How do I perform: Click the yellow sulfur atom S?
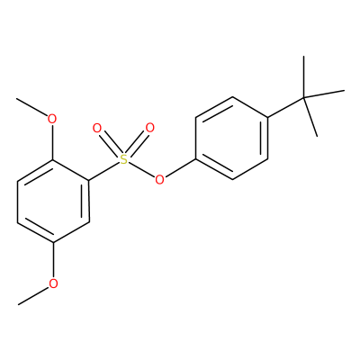tap(123, 159)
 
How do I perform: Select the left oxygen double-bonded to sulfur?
tap(97, 129)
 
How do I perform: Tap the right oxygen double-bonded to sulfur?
tap(149, 129)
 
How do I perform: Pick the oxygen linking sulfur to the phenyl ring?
tap(159, 180)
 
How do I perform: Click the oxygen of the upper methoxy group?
tap(52, 119)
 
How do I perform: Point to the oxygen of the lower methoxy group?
tap(53, 283)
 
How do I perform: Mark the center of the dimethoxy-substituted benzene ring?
tap(53, 202)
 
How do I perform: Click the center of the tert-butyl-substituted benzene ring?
tap(232, 138)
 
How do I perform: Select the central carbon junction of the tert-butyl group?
tap(303, 97)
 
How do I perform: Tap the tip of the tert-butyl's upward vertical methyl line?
tap(303, 56)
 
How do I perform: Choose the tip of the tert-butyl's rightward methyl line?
tap(344, 90)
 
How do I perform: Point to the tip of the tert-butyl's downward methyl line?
tap(317, 136)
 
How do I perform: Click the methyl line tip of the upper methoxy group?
tap(17, 98)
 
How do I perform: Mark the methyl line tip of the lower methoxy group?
tap(18, 305)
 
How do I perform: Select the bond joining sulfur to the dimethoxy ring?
tap(104, 172)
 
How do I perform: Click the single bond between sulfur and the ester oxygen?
tap(141, 170)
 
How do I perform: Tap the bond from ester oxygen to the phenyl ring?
tap(180, 168)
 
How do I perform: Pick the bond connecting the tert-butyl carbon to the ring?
tap(285, 107)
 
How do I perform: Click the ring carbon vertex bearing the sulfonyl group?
tap(89, 181)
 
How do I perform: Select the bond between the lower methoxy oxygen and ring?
tap(53, 260)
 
